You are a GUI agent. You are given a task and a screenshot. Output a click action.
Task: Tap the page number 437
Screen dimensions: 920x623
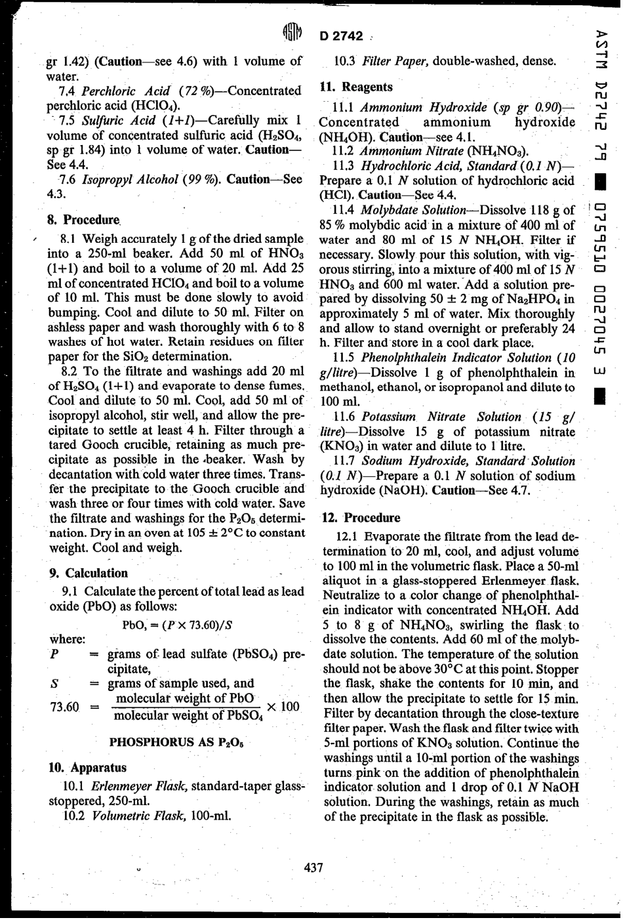pos(313,868)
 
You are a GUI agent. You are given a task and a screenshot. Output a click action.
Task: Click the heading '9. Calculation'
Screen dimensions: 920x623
pos(89,573)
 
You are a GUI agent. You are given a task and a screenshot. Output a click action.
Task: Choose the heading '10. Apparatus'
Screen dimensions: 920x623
pos(88,767)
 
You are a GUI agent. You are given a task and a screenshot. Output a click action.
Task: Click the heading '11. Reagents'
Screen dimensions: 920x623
pos(356,87)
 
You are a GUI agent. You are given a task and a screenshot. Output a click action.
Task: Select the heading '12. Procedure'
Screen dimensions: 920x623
pos(360,517)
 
